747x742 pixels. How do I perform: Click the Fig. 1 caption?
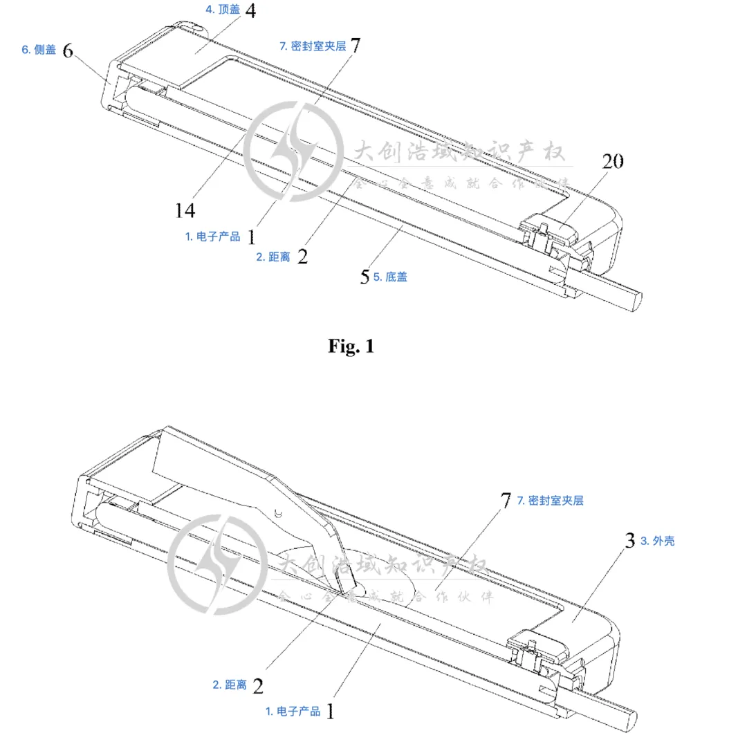(351, 346)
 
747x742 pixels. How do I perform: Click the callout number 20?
(612, 161)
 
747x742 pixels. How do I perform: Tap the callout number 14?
(185, 210)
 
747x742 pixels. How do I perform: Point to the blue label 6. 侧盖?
(39, 50)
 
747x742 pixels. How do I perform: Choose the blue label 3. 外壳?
(657, 541)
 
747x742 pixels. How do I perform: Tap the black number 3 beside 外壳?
(629, 541)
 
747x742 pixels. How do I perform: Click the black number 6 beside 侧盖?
(68, 50)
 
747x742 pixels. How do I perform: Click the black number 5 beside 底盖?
(365, 277)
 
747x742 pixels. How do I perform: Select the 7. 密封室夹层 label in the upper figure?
(312, 46)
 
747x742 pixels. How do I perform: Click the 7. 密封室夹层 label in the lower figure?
(550, 500)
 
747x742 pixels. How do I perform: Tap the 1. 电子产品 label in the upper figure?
(212, 236)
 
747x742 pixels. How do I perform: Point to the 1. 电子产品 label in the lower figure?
(293, 711)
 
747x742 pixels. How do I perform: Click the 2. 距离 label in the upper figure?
(273, 257)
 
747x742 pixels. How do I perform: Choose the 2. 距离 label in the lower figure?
(229, 685)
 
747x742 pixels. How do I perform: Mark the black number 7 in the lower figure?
(506, 500)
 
